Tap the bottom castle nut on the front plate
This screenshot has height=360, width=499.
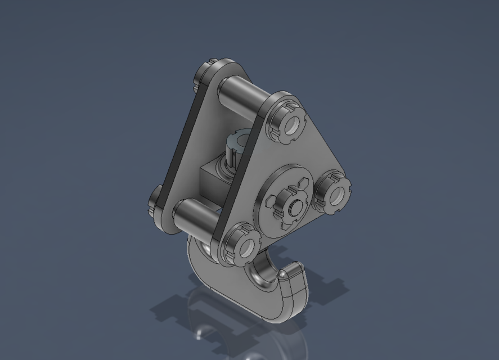coord(241,245)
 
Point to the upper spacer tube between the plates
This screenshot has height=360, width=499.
coord(242,96)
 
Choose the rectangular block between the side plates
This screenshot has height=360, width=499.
coord(211,180)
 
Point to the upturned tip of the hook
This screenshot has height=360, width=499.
coord(291,273)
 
